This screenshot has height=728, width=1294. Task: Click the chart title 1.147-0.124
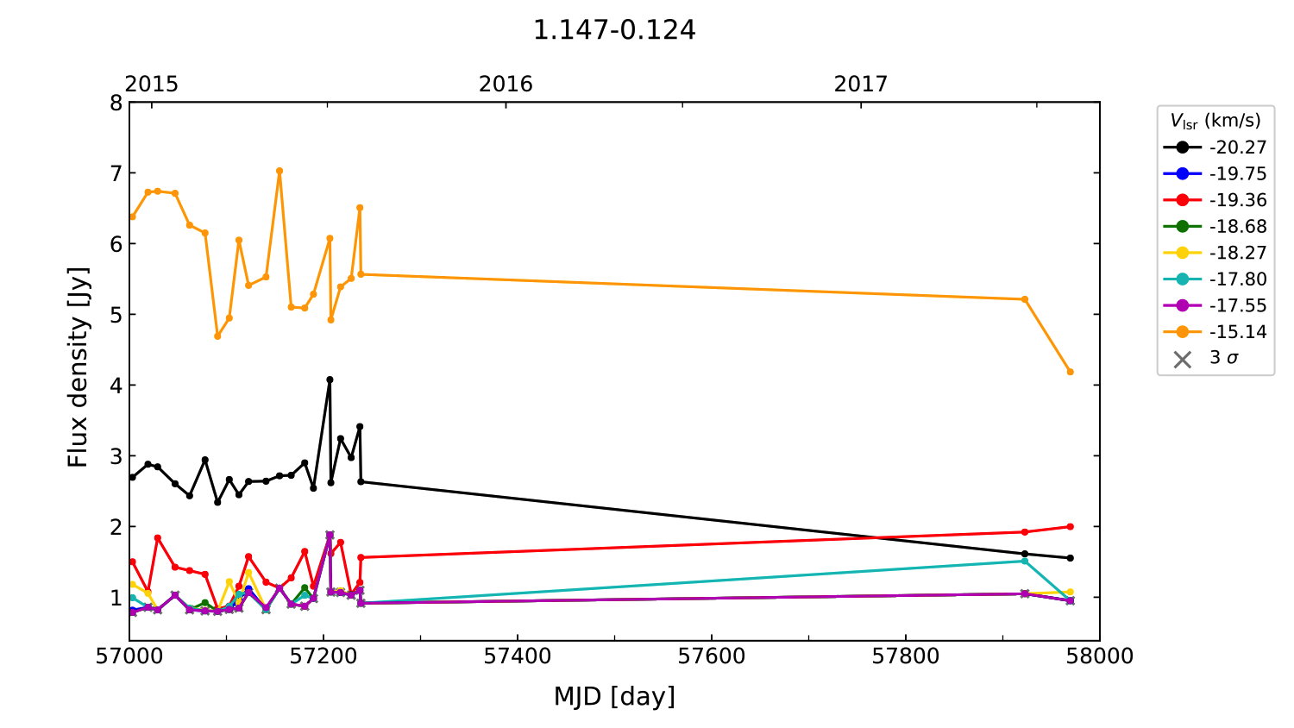tap(613, 30)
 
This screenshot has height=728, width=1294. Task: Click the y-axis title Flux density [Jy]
tap(79, 367)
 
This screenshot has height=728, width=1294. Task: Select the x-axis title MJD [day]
tap(614, 696)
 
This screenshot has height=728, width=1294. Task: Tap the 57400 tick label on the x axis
tap(518, 656)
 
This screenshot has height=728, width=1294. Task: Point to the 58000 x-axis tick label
tap(1099, 656)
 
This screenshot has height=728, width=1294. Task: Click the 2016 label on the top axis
tap(506, 84)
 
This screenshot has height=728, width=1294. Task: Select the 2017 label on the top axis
tap(860, 84)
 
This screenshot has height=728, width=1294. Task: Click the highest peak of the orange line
tap(280, 171)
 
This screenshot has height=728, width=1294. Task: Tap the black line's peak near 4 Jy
tap(330, 380)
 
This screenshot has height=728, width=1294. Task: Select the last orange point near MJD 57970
tap(1071, 372)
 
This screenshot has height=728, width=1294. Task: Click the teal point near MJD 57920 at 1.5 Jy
tap(1025, 562)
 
